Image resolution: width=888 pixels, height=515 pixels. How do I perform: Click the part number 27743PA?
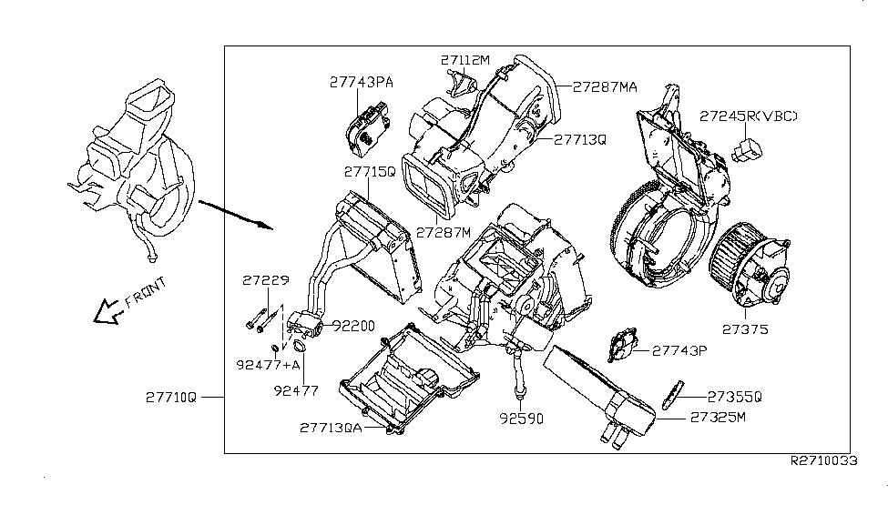[362, 82]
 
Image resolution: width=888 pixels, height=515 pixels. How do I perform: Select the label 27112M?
[465, 61]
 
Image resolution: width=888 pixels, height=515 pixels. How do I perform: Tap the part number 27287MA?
[605, 87]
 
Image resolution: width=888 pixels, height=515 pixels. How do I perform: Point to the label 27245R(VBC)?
[749, 116]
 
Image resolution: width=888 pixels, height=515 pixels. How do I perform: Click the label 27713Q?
[580, 140]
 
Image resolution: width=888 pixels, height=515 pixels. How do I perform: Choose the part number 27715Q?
[369, 170]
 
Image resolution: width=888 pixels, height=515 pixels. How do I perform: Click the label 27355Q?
[734, 397]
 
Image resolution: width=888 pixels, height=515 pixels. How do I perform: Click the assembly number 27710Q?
[171, 397]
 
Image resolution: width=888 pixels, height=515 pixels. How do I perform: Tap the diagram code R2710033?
[824, 461]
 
